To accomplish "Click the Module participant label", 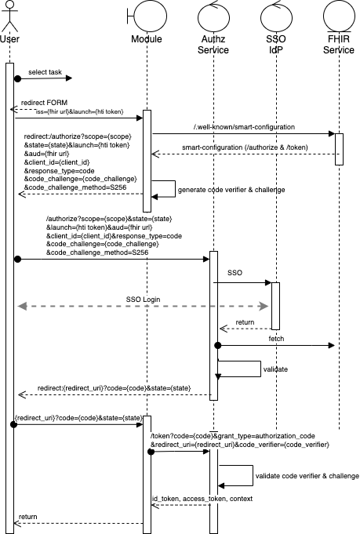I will click(146, 39).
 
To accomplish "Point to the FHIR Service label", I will click(339, 45).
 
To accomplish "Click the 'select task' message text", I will click(45, 72).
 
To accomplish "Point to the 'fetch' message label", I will click(276, 339).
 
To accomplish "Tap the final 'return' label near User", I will click(27, 517).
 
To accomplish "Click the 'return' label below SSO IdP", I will click(245, 321).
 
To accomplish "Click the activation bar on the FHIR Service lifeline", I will click(339, 149).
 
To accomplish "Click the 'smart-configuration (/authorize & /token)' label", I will click(245, 147).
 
